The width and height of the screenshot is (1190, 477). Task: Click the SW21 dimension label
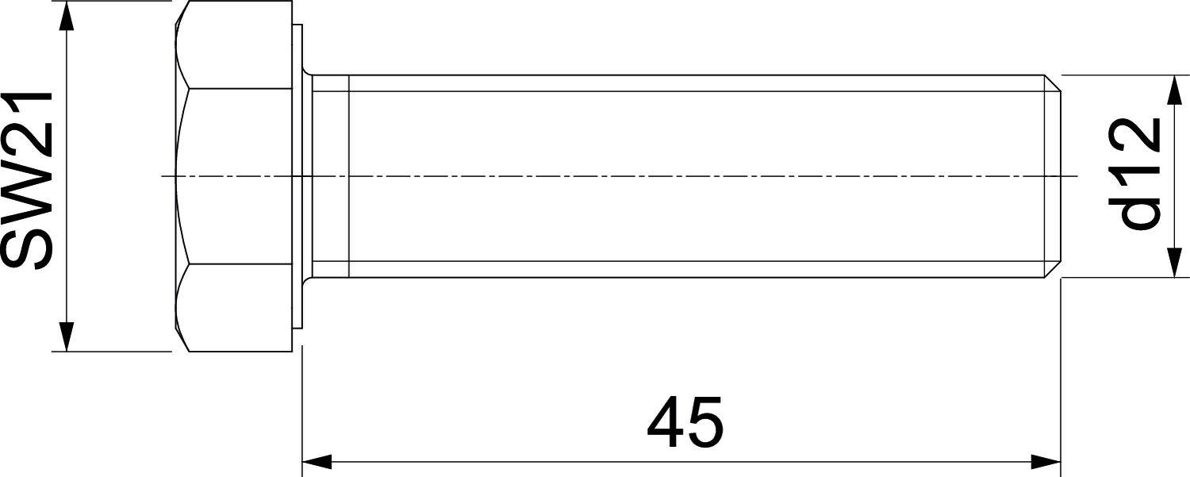(27, 181)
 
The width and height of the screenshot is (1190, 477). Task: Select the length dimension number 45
(685, 421)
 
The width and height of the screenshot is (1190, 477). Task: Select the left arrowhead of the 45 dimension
(317, 462)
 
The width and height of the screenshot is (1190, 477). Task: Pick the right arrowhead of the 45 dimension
(1046, 462)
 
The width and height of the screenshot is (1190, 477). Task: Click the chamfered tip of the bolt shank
(1054, 176)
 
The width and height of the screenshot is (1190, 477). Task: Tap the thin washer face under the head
(297, 176)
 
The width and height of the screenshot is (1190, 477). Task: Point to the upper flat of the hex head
(235, 44)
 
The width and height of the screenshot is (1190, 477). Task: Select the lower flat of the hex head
(235, 308)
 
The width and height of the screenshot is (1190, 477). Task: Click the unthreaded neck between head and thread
(330, 176)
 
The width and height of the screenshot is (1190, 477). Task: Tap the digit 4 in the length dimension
(665, 421)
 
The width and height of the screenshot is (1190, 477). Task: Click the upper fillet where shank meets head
(307, 71)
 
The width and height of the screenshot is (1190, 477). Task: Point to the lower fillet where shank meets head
(307, 281)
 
